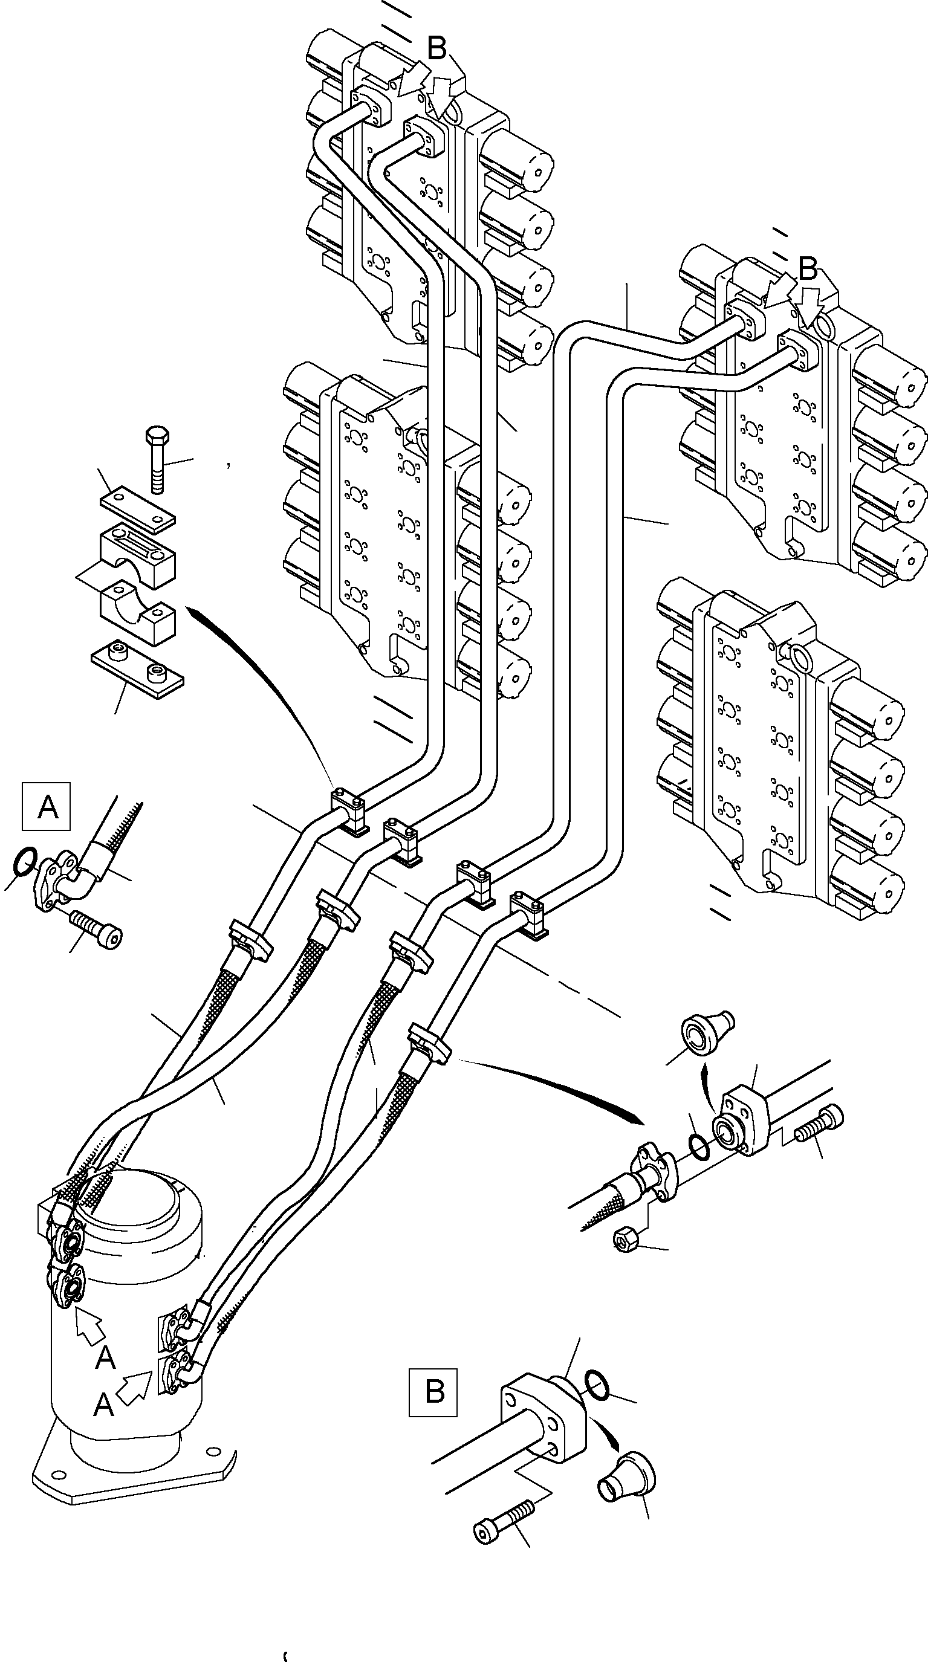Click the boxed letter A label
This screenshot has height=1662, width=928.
(47, 806)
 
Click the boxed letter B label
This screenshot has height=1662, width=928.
(433, 1392)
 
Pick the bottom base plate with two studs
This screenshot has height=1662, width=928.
(137, 674)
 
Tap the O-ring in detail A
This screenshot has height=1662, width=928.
(23, 860)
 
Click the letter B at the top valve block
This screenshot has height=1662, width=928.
(437, 48)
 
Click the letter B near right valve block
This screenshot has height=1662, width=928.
(808, 268)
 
